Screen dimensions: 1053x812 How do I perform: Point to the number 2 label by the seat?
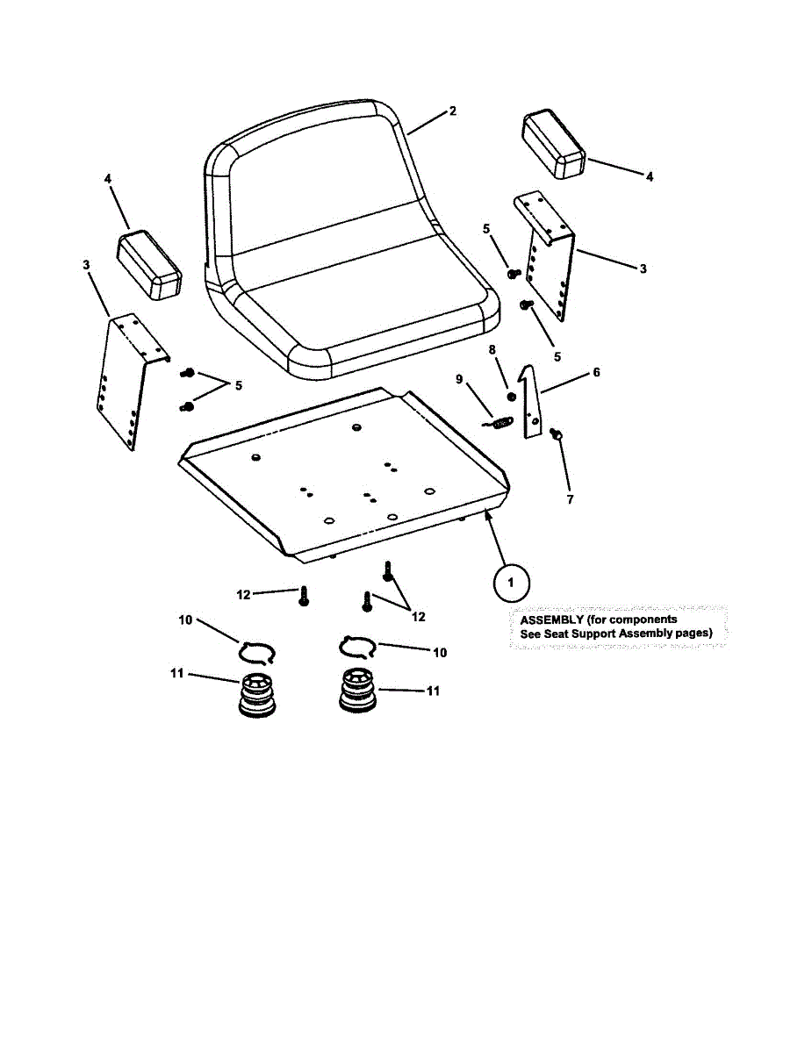(x=453, y=111)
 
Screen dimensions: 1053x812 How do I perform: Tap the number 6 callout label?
(x=596, y=372)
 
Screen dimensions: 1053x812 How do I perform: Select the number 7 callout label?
(x=569, y=499)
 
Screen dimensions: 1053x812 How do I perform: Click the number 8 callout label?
(x=492, y=349)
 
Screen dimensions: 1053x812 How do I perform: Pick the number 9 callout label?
(x=458, y=379)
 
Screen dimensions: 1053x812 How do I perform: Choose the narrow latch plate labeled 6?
(x=530, y=404)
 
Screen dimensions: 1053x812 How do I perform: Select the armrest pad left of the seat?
(x=149, y=265)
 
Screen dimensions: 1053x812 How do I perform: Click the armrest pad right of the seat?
(x=555, y=144)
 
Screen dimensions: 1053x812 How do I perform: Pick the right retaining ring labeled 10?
(x=357, y=648)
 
